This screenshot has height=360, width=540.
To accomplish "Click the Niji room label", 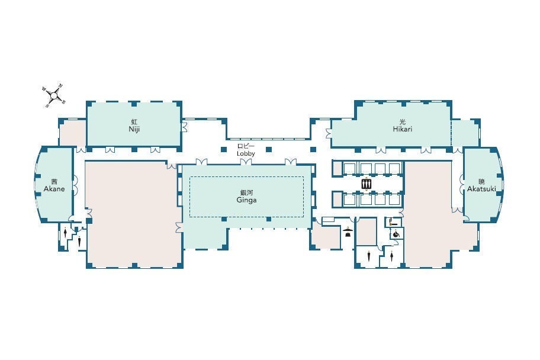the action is coord(134,129).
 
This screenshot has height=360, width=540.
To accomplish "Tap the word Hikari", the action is coord(403,129).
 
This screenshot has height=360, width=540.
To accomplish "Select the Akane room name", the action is coord(54,189).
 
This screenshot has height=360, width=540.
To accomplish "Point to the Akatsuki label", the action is coord(481,188).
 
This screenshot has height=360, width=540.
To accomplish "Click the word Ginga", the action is coord(246,200).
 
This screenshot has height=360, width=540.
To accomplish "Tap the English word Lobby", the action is coord(246,153).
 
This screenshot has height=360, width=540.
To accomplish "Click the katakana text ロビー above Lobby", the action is coord(246,147).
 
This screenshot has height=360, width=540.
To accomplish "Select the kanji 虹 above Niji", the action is coord(134,122).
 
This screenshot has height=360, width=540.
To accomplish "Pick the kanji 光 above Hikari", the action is coord(403,122).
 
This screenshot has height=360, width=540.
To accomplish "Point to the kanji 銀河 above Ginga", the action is coord(246,192).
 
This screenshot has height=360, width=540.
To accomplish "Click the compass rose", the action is coord(54,94).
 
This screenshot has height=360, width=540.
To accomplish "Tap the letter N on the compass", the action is coord(60,85).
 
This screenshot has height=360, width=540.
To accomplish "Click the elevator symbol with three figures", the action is coord(366,184).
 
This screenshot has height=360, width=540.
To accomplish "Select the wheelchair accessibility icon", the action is coord(396,234).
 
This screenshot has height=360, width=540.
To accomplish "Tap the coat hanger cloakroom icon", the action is coord(348,232).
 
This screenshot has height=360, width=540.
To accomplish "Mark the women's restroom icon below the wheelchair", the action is coord(392,256).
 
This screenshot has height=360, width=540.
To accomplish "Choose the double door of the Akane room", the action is coord(75,186).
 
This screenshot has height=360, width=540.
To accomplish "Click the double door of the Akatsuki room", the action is coord(461,184).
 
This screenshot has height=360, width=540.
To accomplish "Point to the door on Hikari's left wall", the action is coord(328,133).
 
